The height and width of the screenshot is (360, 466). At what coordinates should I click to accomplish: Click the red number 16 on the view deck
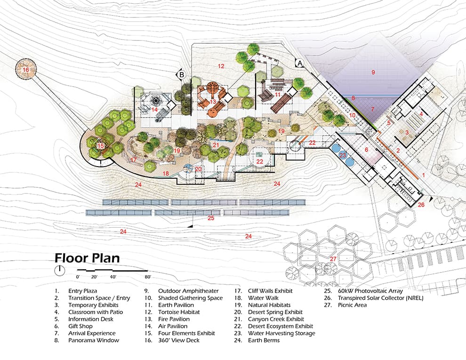tap(26, 70)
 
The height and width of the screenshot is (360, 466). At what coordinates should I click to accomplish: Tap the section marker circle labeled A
tap(299, 63)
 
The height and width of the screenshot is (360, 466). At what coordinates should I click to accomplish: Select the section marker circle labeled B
tap(181, 74)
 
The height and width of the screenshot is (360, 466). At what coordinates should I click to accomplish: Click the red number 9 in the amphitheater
tap(373, 72)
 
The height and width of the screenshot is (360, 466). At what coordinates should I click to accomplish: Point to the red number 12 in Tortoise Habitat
tap(221, 66)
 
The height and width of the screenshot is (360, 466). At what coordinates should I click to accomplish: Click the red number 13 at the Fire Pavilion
tap(213, 102)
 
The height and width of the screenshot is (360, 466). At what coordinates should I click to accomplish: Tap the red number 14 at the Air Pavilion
tap(154, 110)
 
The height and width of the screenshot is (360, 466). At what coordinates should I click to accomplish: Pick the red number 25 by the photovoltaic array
tap(211, 218)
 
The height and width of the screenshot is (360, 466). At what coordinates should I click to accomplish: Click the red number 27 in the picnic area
tap(333, 259)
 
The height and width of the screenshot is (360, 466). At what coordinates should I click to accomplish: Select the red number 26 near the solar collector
tap(421, 205)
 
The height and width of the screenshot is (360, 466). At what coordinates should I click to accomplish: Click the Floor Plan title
tap(87, 258)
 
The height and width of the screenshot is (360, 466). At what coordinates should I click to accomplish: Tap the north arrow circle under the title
tap(60, 271)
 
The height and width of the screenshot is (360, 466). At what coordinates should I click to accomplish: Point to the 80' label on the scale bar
tap(148, 277)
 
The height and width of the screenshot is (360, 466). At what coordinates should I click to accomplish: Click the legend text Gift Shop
tap(80, 326)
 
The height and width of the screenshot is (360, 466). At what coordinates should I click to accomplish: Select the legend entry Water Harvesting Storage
tap(281, 333)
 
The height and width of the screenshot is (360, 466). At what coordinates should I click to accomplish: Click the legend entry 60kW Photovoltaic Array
tap(370, 291)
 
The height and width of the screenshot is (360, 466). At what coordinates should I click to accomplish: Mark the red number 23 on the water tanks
tap(343, 155)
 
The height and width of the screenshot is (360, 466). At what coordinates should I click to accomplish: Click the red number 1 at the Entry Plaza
tap(424, 175)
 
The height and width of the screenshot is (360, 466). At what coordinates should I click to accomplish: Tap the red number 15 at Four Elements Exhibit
tap(100, 146)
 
